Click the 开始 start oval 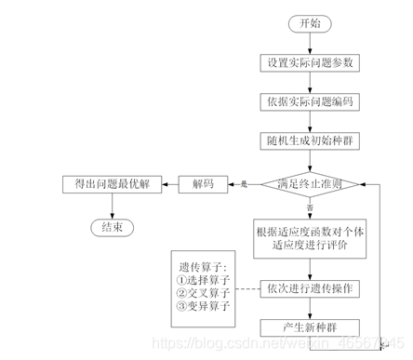pos(308,23)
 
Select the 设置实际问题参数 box pos(308,62)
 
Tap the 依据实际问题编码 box pos(308,101)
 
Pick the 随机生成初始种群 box pos(308,140)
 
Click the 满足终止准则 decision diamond pos(308,184)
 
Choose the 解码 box pos(203,184)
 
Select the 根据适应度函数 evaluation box pos(308,238)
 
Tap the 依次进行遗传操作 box pos(308,288)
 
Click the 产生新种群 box pos(308,327)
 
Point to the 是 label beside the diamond pos(244,184)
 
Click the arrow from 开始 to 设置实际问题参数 pos(308,43)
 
